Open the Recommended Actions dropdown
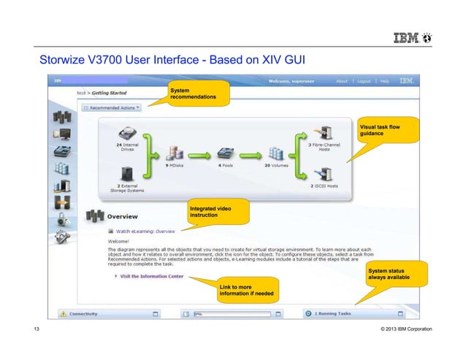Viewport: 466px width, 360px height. (x=111, y=107)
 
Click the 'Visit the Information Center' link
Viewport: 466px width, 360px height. (x=152, y=276)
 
